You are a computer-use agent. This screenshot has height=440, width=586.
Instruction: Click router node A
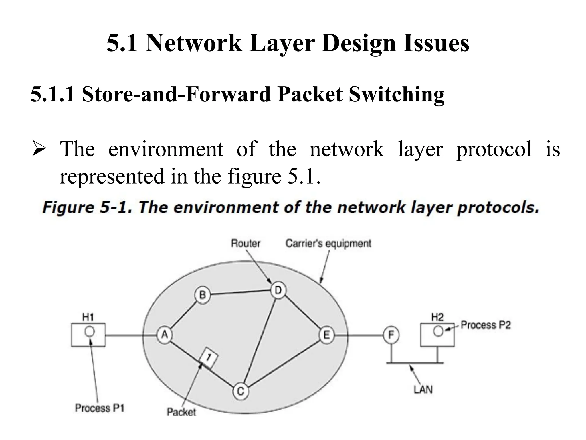pyautogui.click(x=164, y=335)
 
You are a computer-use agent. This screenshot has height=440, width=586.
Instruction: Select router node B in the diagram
pyautogui.click(x=203, y=295)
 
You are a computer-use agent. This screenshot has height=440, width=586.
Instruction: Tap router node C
pyautogui.click(x=240, y=391)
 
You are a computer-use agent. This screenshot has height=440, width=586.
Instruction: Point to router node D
pyautogui.click(x=278, y=290)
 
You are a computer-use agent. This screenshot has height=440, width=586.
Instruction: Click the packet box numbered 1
pyautogui.click(x=209, y=357)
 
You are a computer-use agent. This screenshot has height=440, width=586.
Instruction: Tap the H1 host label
pyautogui.click(x=88, y=317)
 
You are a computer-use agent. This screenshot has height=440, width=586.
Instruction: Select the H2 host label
pyautogui.click(x=437, y=317)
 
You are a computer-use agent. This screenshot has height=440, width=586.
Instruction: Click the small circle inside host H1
pyautogui.click(x=90, y=332)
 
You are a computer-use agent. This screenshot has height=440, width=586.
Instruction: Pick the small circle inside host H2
pyautogui.click(x=438, y=331)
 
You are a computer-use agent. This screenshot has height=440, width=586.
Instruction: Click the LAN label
pyautogui.click(x=423, y=390)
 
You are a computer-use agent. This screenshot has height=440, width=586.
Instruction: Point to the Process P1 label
pyautogui.click(x=100, y=408)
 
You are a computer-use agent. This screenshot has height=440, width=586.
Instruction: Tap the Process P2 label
pyautogui.click(x=486, y=325)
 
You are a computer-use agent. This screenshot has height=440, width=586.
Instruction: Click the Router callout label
pyautogui.click(x=246, y=243)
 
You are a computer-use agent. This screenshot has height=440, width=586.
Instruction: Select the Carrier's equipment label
pyautogui.click(x=328, y=243)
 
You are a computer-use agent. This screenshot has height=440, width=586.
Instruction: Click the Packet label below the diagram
pyautogui.click(x=181, y=412)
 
